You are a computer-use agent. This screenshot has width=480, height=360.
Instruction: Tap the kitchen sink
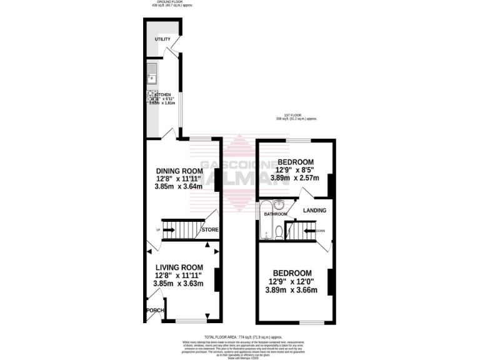click(152, 74)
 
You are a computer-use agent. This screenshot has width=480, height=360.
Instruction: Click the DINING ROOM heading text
click(179, 171)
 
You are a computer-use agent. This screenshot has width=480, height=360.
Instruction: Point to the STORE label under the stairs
click(210, 230)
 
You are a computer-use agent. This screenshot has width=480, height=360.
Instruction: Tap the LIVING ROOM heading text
click(179, 267)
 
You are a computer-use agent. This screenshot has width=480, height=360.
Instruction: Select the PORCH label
click(154, 311)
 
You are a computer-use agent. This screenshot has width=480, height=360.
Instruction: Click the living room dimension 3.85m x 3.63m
click(179, 283)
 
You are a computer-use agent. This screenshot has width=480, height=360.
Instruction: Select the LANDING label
click(315, 211)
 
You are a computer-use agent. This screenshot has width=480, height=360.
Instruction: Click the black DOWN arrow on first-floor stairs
click(307, 230)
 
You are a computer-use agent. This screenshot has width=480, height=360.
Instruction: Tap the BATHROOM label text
click(275, 214)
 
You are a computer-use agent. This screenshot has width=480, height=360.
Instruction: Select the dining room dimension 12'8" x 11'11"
click(179, 179)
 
